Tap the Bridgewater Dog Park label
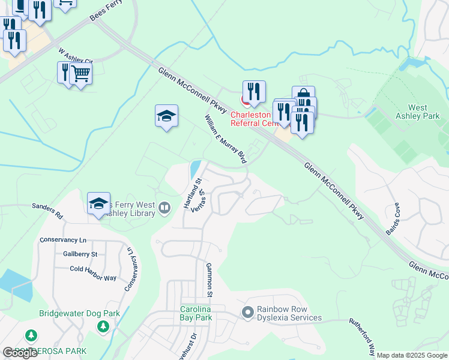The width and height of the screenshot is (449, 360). [79, 313]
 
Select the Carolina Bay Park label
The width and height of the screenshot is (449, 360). [196, 313]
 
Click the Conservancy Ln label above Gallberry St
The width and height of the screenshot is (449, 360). [63, 240]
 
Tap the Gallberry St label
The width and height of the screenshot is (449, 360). [80, 254]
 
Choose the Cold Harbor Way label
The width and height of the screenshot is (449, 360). [93, 269]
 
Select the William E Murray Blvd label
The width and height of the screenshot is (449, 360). [226, 139]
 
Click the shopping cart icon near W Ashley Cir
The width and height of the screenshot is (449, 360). [80, 74]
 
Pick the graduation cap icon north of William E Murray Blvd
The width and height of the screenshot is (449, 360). [166, 115]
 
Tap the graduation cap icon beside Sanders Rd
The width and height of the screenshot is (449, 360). [98, 203]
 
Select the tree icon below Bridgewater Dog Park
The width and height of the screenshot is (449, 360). [103, 326]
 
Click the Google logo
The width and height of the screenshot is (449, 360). [20, 353]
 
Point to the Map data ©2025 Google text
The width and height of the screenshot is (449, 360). [412, 355]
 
